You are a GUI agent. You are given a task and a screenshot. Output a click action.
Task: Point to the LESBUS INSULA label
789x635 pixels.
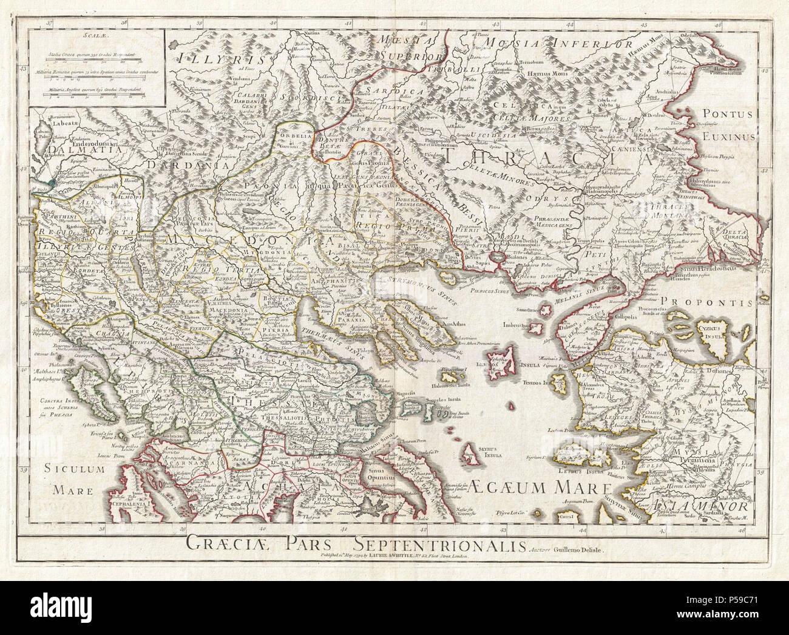[x=592, y=472]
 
